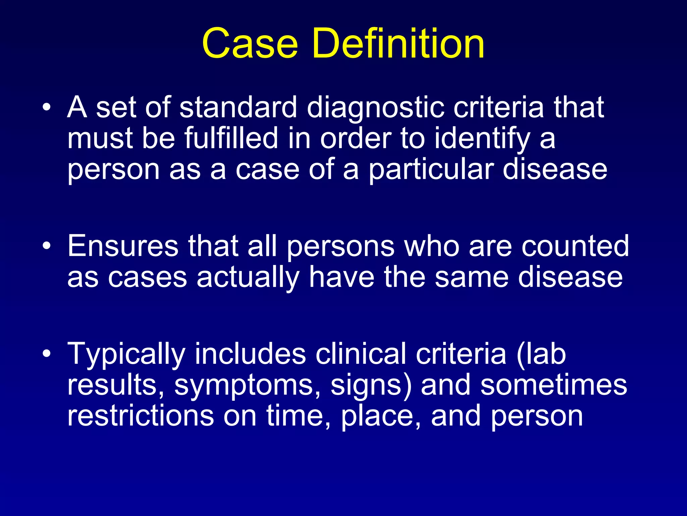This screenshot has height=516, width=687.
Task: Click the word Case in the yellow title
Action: (x=250, y=44)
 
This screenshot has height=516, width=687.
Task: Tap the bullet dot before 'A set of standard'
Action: (x=47, y=107)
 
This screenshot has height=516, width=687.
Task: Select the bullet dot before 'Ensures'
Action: (x=47, y=246)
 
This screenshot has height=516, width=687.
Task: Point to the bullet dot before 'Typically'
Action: (x=47, y=354)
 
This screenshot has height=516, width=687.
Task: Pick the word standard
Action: (x=238, y=107)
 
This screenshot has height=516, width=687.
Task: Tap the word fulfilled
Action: (x=231, y=138)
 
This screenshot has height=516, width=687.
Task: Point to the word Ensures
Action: (x=123, y=246)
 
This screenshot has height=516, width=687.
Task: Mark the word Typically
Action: (x=126, y=355)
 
